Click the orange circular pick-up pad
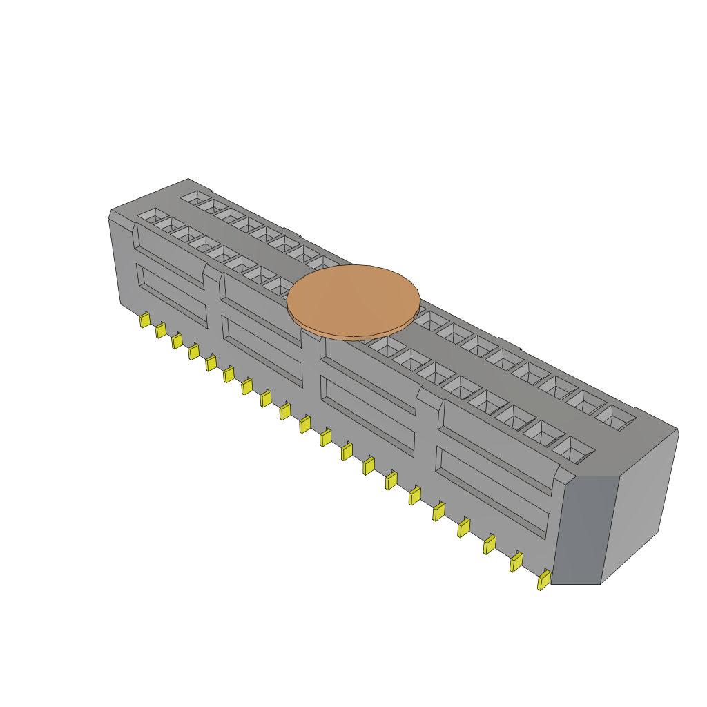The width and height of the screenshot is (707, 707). pos(353,300)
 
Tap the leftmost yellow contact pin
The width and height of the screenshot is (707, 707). pos(144,320)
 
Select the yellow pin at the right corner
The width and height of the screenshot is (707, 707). pos(544,579)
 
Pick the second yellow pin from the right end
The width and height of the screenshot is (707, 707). pos(516,562)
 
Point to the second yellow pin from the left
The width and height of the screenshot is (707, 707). pos(161,330)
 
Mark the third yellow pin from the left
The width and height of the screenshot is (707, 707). pos(177,340)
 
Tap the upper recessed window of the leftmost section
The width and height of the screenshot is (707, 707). pos(170,255)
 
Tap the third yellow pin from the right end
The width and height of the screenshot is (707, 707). pos(489,545)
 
